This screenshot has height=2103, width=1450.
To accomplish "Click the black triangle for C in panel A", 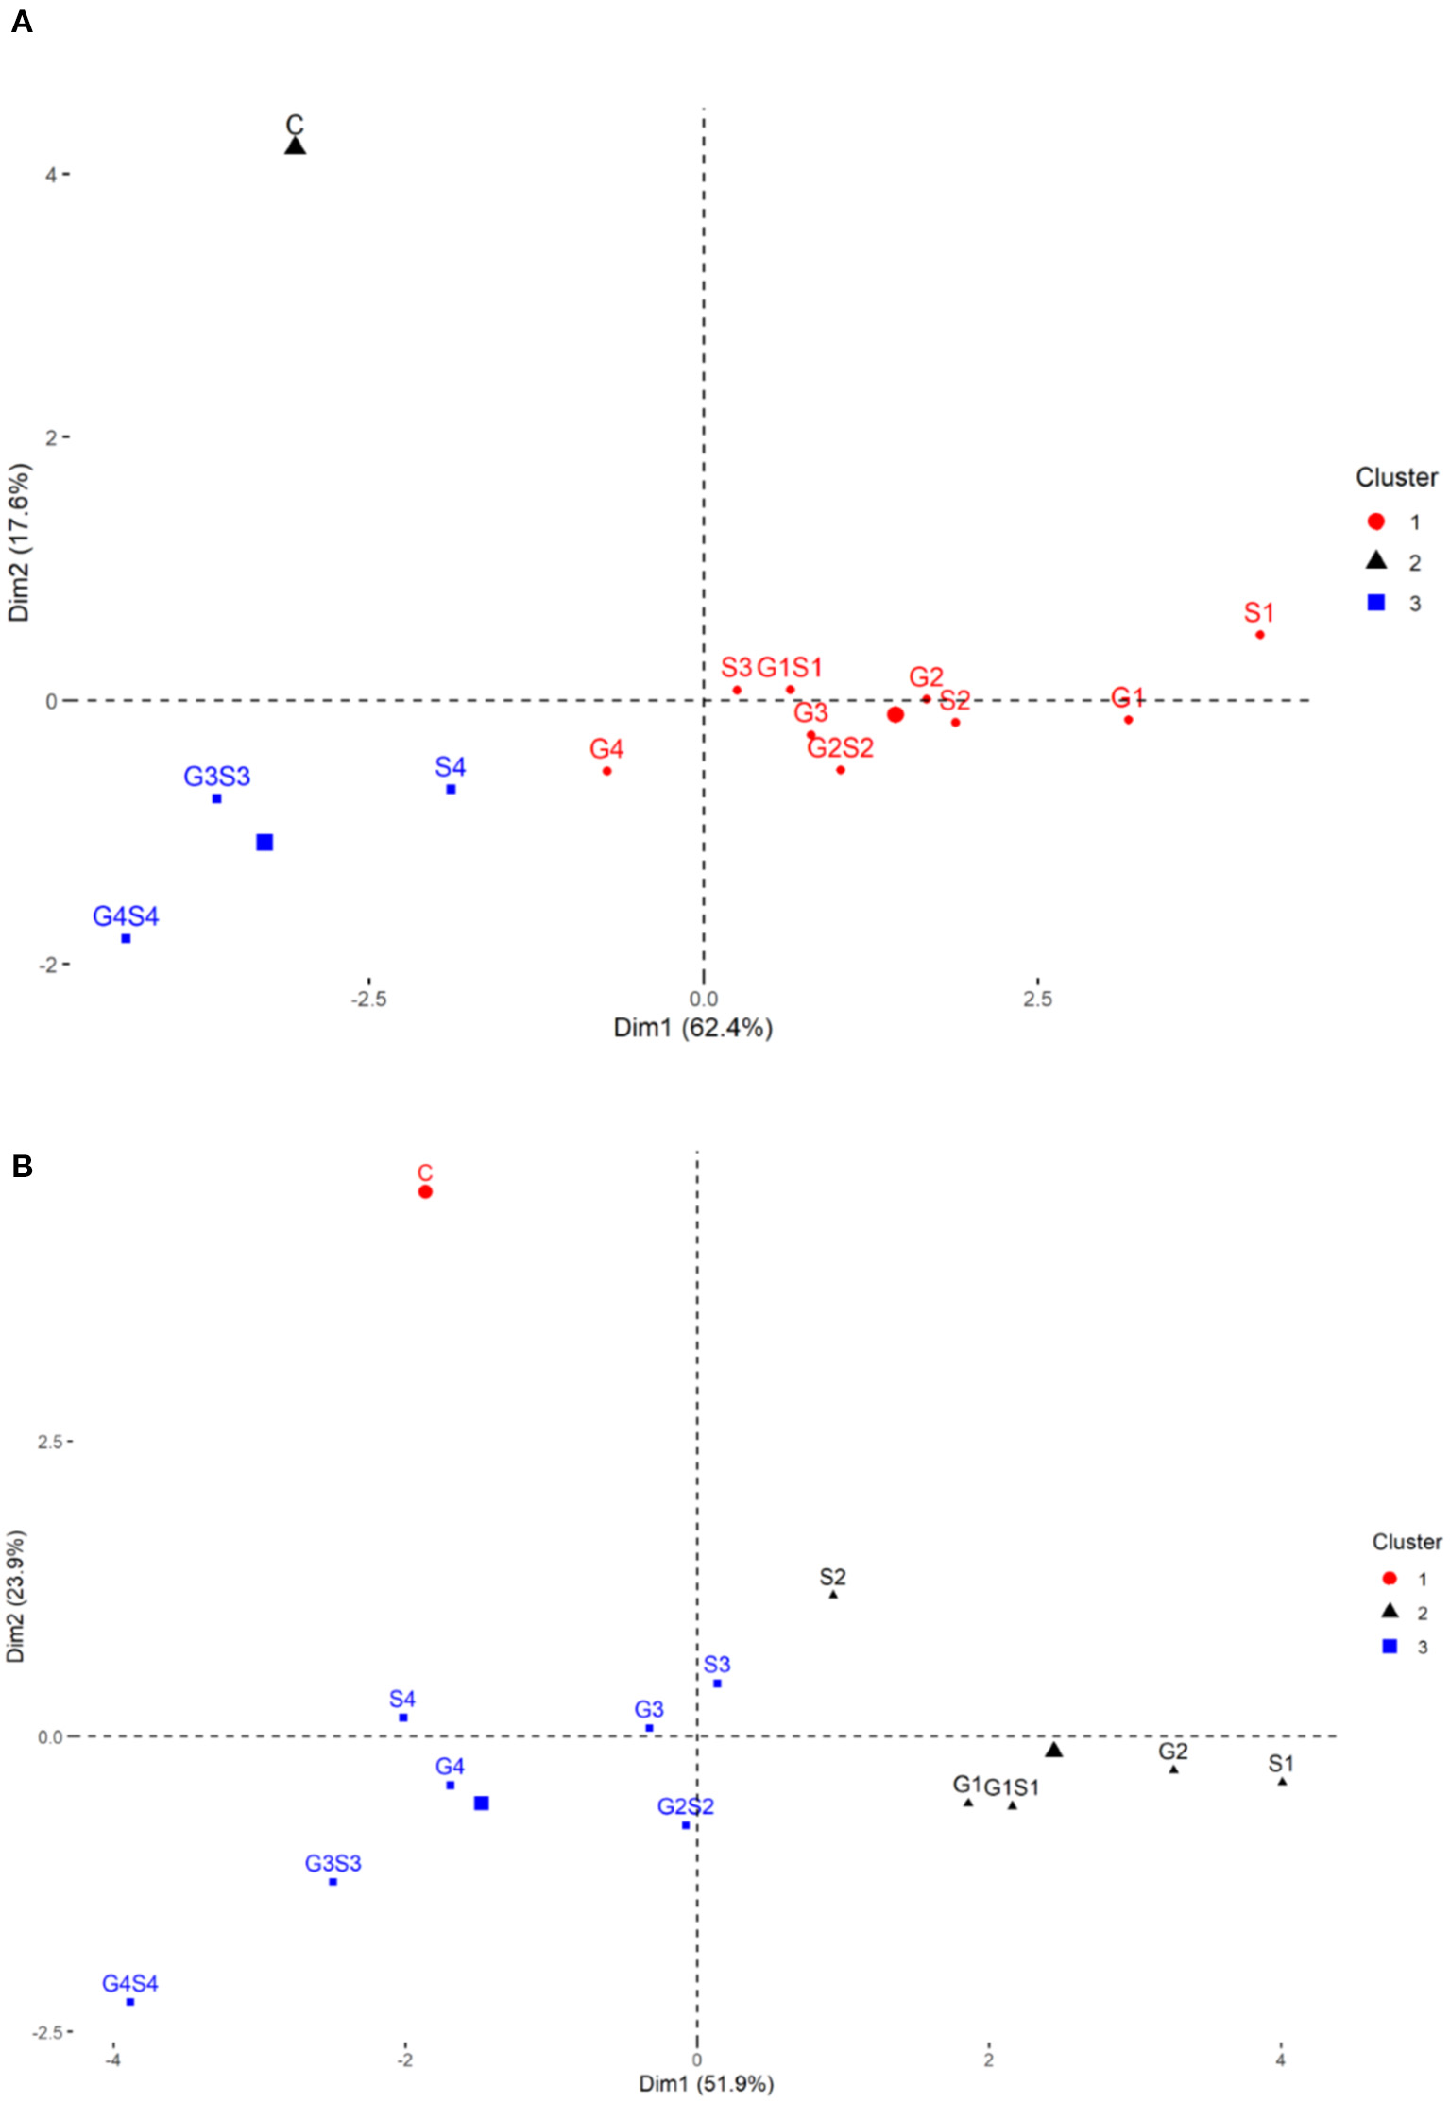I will (x=295, y=146).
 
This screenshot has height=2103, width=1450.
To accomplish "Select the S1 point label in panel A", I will (x=1258, y=612).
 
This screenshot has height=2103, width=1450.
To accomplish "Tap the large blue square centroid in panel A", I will (x=264, y=842).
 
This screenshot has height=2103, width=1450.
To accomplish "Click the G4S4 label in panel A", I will (x=126, y=915).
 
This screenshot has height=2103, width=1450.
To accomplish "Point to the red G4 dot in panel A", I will (x=606, y=771).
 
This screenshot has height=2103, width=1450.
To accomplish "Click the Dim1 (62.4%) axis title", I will (x=692, y=1027).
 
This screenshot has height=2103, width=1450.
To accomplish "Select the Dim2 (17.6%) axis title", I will (x=19, y=542).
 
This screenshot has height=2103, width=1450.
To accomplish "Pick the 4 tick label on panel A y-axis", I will (x=50, y=175).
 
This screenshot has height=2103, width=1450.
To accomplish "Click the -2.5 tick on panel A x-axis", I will (x=368, y=1000).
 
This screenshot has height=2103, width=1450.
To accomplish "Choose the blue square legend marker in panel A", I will (x=1376, y=602).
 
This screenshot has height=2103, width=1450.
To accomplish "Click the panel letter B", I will (x=22, y=1167).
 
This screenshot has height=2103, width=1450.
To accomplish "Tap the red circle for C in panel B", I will (x=425, y=1191).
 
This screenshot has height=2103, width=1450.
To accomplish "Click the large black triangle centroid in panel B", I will (x=1054, y=1750).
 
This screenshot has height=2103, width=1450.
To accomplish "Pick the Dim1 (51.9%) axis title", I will (x=706, y=2083).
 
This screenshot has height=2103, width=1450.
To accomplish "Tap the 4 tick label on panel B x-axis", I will (x=1280, y=2060).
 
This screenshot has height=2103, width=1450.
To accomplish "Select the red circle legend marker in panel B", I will (x=1389, y=1578).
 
